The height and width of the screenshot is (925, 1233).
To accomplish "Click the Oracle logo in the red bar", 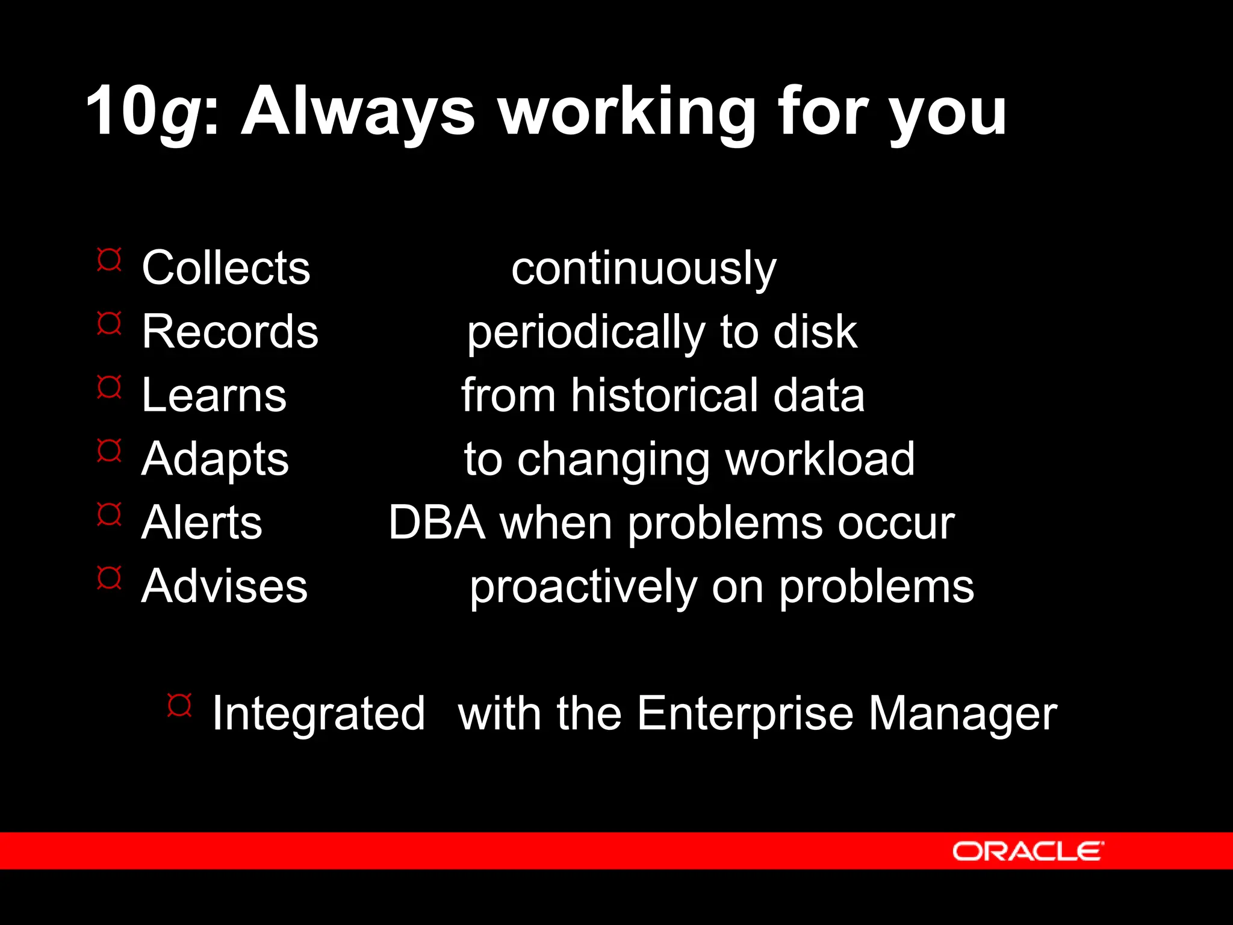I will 1028,851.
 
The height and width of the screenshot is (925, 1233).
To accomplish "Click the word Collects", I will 226,267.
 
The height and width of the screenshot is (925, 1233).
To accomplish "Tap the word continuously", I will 644,269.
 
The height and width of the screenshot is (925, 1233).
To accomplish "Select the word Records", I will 230,331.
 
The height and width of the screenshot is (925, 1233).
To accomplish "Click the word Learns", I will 214,395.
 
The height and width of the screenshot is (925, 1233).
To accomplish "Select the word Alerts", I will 202,523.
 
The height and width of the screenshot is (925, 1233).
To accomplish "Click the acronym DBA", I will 437,523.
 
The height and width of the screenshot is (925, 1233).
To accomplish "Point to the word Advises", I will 224,586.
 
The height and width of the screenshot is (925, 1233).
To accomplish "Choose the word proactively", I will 583,588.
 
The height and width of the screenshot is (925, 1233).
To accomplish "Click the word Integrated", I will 318,714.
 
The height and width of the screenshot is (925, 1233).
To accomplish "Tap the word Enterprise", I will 745,714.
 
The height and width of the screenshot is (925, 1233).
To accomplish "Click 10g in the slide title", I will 143,112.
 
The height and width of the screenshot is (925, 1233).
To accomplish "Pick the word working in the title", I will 626,112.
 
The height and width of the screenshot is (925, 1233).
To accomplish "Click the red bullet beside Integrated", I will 179,705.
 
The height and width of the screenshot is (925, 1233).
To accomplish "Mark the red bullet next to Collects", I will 109,260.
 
